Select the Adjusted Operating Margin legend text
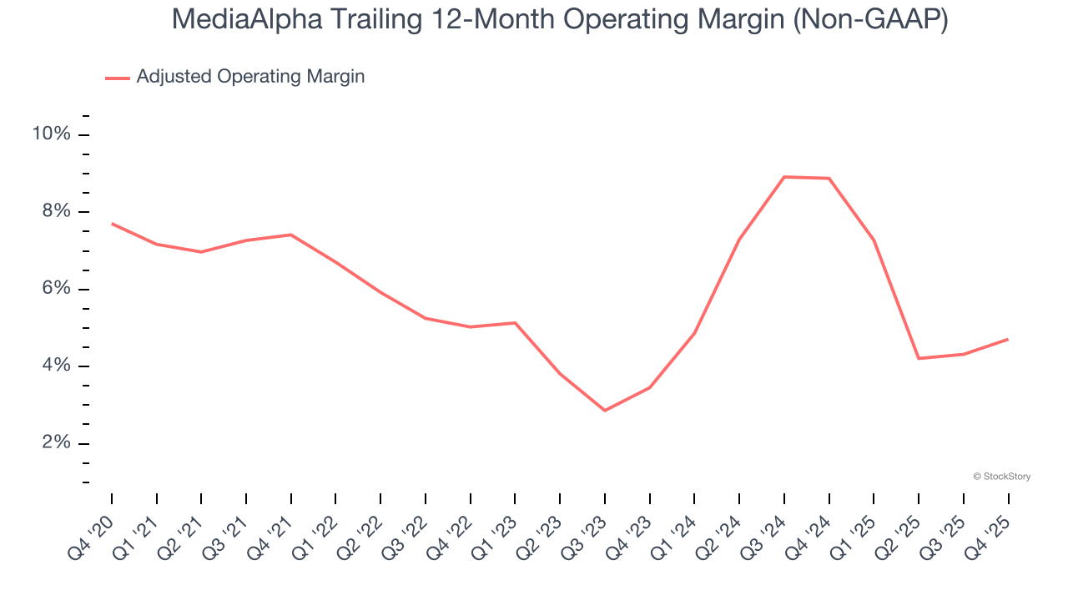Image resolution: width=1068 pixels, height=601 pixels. tap(250, 77)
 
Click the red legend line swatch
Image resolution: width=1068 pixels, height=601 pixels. tap(118, 78)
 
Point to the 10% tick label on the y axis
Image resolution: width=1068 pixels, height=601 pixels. tap(51, 134)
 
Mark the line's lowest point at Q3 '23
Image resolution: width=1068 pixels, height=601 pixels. tap(605, 411)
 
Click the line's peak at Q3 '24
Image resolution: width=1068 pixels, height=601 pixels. tap(784, 177)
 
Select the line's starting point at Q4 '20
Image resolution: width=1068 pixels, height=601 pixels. tap(112, 223)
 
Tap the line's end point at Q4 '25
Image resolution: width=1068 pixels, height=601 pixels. tap(1008, 339)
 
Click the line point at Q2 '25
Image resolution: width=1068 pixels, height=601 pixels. tap(919, 358)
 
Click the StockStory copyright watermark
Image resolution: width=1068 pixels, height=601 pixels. tap(1001, 477)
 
